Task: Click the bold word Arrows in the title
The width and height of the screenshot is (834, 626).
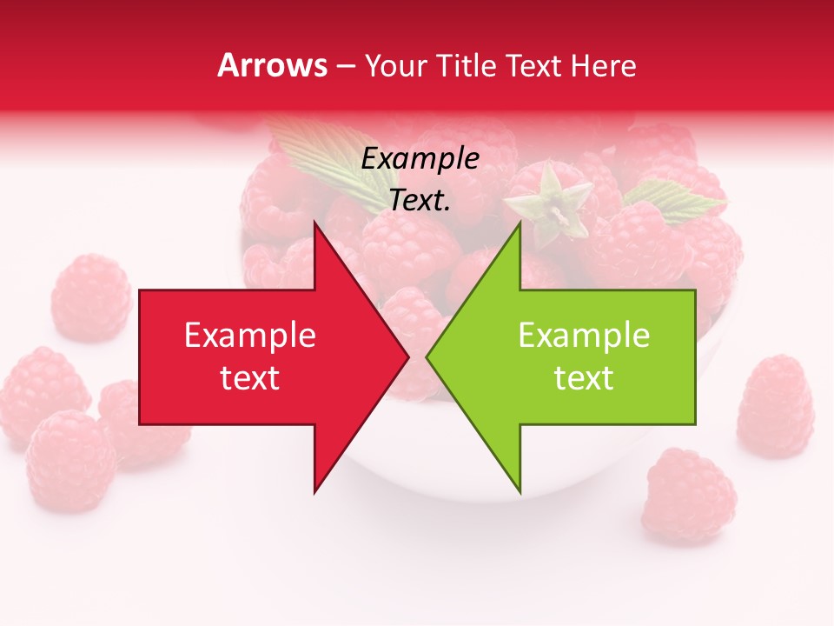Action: point(273,65)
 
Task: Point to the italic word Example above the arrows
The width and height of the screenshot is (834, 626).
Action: point(420,158)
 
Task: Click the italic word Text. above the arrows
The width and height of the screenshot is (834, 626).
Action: point(420,200)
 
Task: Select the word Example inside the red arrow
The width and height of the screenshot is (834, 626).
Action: point(250,335)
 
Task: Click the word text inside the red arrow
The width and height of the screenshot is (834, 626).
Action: point(250,378)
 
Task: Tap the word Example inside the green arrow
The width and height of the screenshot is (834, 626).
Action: point(584,335)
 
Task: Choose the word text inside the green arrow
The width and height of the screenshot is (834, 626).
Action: point(584,378)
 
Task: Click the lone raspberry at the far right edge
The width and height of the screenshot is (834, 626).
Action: point(775,406)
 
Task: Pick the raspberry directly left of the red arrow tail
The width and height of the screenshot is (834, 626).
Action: point(90,297)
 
